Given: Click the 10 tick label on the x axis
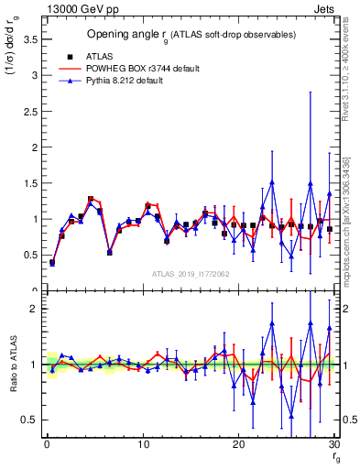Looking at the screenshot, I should (x=142, y=444).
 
